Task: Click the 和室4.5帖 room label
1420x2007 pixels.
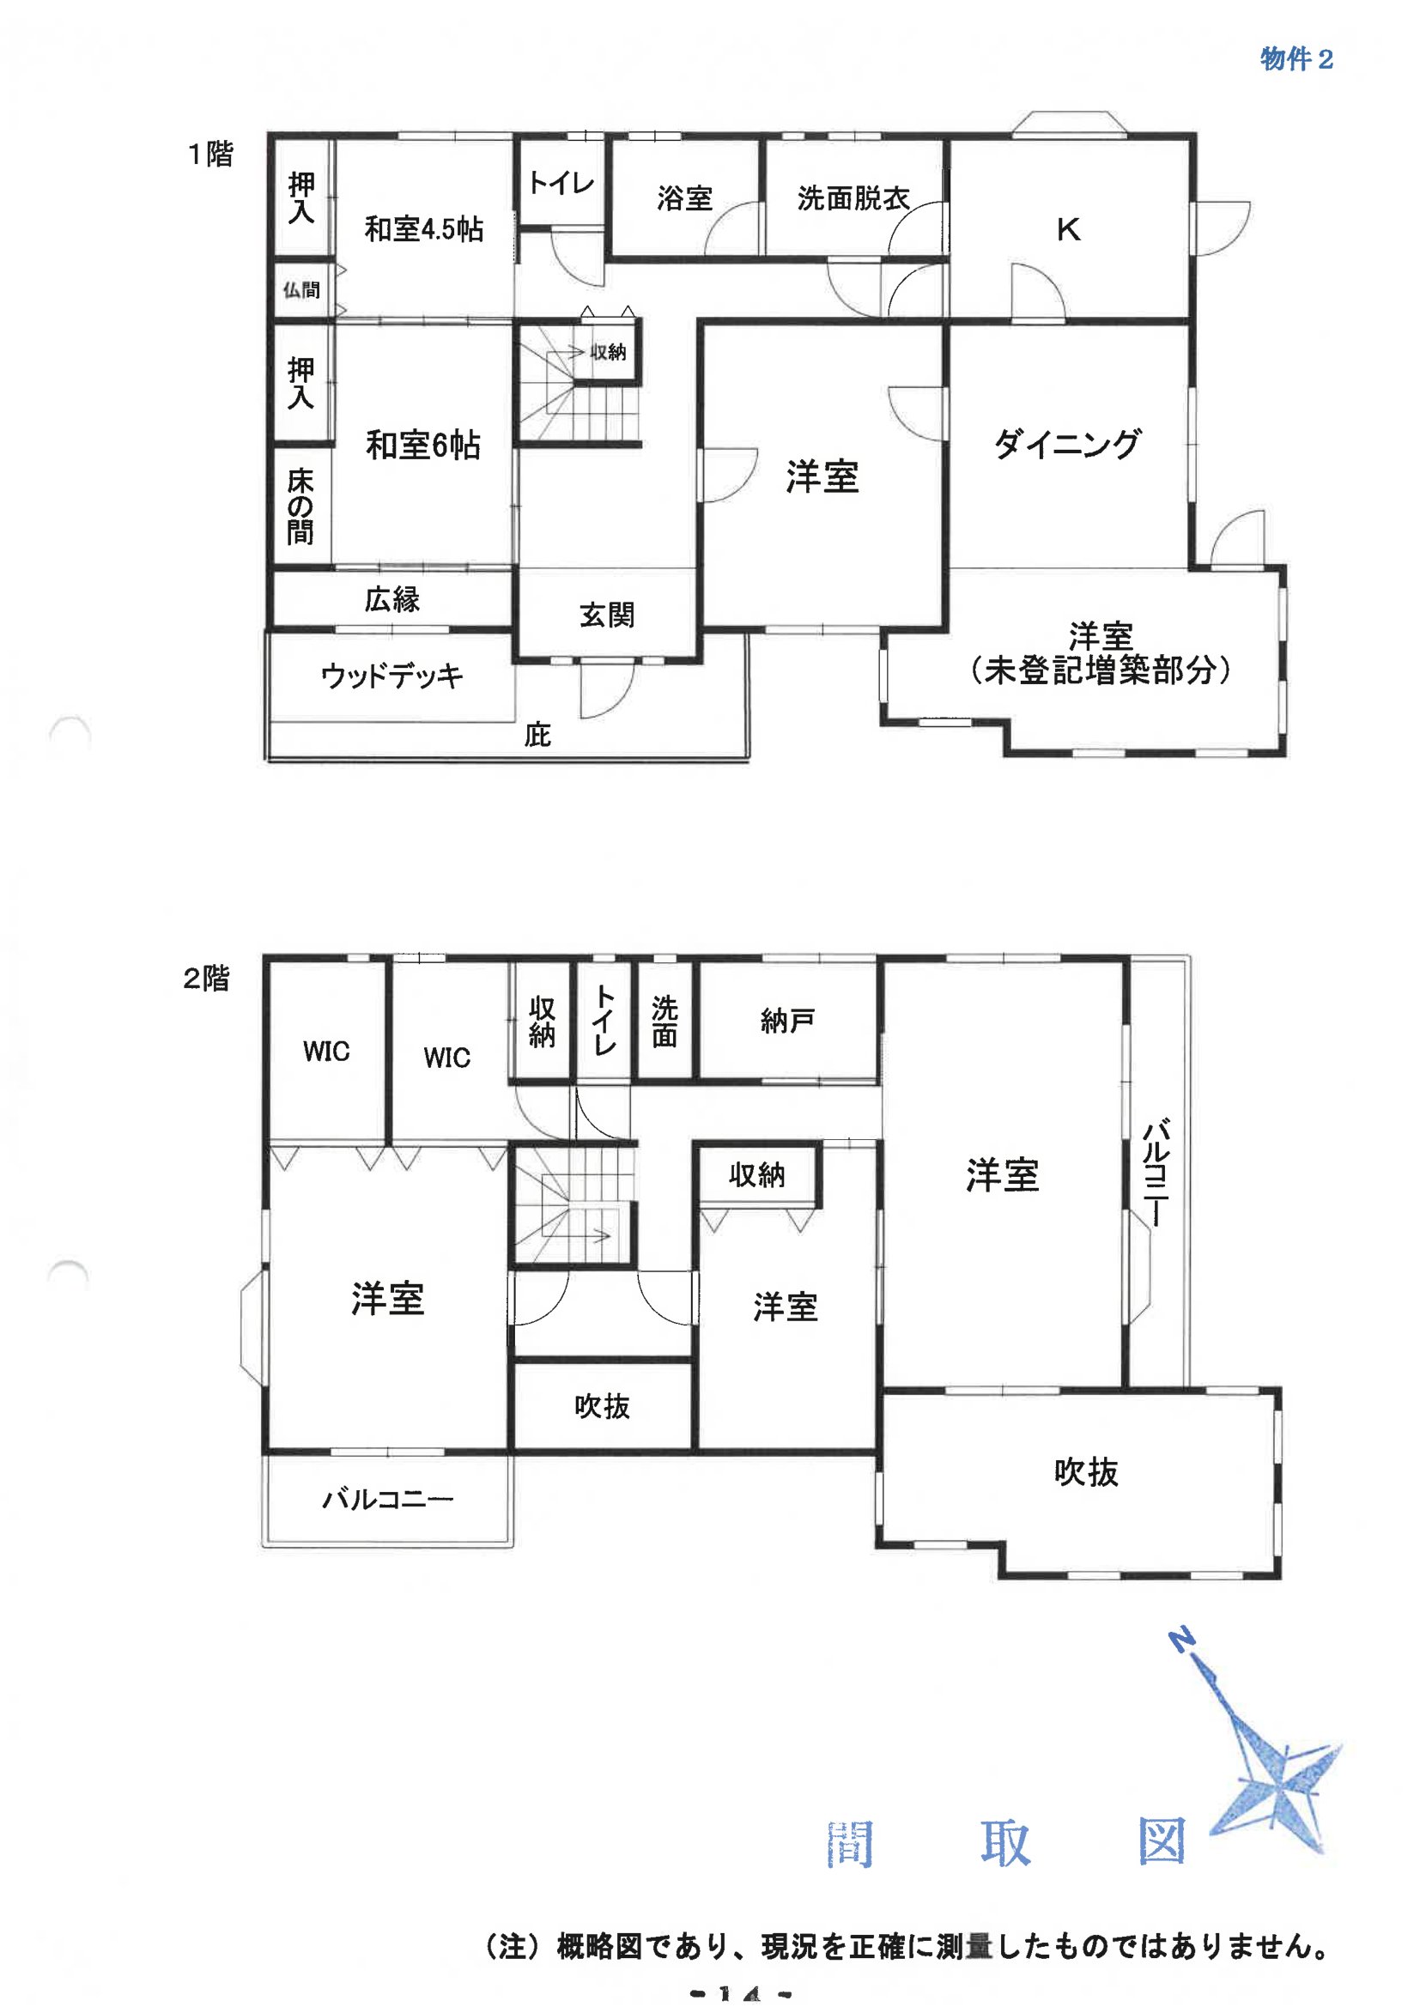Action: [x=423, y=229]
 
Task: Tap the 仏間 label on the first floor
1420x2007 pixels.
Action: [x=300, y=289]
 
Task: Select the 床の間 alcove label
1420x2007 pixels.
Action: [x=300, y=506]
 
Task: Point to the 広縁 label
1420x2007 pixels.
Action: [x=392, y=600]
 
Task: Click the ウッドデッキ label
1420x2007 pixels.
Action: [x=391, y=676]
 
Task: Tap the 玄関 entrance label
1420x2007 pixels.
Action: [x=607, y=615]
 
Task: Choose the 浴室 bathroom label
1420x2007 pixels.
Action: [x=684, y=198]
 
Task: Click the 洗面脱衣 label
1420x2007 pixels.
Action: [x=853, y=198]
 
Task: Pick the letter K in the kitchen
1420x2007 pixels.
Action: [x=1069, y=230]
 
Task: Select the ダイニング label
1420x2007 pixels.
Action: [x=1068, y=444]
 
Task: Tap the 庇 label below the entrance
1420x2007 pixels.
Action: [x=537, y=735]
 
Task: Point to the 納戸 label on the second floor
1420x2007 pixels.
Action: [x=788, y=1020]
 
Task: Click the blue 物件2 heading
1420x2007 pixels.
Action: [x=1296, y=59]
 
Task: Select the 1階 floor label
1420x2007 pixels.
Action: [x=210, y=154]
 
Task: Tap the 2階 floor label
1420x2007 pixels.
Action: [x=206, y=978]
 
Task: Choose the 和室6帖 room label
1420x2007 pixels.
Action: [x=423, y=446]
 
